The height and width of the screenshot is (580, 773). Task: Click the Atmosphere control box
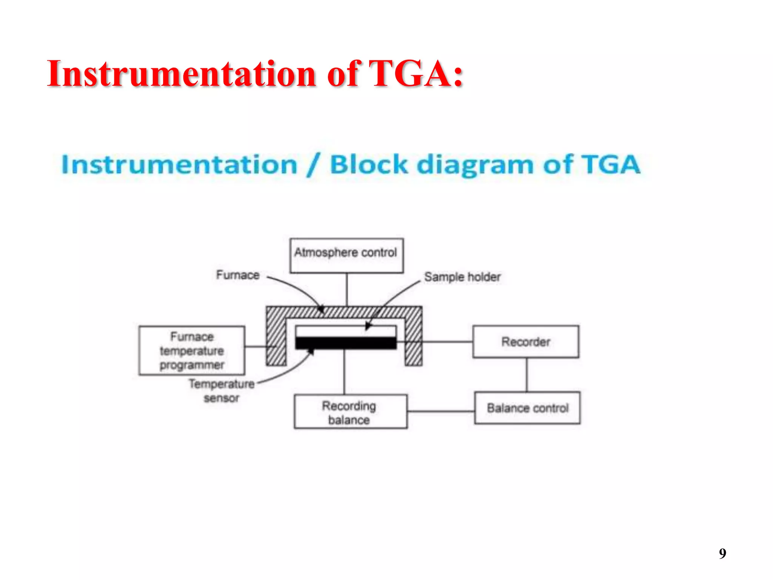pyautogui.click(x=346, y=255)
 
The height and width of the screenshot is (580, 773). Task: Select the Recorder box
pyautogui.click(x=525, y=342)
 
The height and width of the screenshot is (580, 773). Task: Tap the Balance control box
pyautogui.click(x=527, y=408)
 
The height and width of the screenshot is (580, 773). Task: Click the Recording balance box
pyautogui.click(x=350, y=412)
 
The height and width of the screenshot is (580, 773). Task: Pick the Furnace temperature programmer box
pyautogui.click(x=192, y=351)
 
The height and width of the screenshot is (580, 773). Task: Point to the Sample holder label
pyautogui.click(x=462, y=277)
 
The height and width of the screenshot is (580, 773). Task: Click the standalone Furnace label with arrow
pyautogui.click(x=238, y=275)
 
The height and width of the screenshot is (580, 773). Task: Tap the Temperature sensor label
pyautogui.click(x=222, y=390)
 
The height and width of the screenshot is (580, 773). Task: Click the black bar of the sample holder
pyautogui.click(x=346, y=343)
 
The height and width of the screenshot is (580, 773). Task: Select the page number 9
pyautogui.click(x=722, y=554)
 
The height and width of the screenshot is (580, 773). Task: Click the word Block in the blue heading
pyautogui.click(x=369, y=165)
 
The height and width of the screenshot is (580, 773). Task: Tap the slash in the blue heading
pyautogui.click(x=314, y=165)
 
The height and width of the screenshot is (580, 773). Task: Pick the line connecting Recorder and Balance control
pyautogui.click(x=527, y=375)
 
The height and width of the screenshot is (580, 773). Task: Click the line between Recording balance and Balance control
pyautogui.click(x=440, y=411)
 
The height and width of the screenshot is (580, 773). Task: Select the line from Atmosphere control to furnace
pyautogui.click(x=347, y=289)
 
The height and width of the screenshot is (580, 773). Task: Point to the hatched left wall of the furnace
pyautogui.click(x=276, y=336)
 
